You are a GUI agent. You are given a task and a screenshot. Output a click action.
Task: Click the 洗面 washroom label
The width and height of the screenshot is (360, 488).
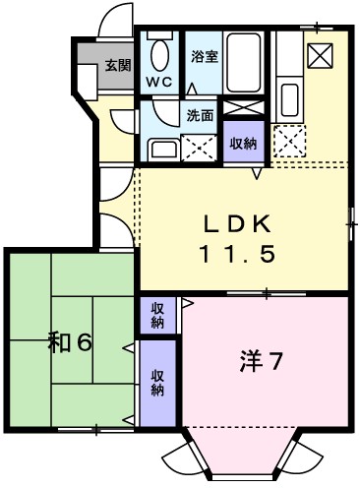201,115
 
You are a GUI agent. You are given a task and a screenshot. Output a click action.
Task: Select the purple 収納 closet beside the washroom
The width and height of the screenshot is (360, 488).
243,143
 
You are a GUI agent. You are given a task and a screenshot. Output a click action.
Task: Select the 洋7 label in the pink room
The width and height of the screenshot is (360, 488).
262,361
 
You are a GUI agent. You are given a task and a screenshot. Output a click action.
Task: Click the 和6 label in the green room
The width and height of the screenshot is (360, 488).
70,343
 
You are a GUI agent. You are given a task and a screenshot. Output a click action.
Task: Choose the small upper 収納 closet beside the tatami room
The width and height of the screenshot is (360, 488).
157,316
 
